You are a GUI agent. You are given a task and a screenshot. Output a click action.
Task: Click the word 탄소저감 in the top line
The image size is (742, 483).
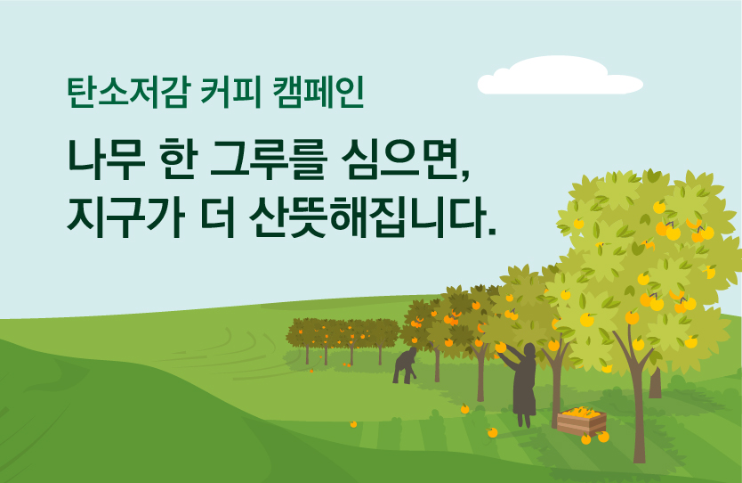point(129,92)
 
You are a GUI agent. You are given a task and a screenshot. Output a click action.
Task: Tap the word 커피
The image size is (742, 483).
point(231,92)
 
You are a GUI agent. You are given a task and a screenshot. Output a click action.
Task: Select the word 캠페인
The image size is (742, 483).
point(319,92)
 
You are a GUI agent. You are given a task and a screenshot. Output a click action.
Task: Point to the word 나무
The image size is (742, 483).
point(106,160)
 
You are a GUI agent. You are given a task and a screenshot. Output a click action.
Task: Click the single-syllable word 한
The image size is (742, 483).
point(179,160)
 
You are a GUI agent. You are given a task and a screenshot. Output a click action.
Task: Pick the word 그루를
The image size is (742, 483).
point(269,160)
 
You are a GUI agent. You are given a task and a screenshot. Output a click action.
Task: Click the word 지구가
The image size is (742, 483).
point(125,217)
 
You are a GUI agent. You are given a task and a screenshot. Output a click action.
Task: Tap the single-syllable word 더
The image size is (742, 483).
point(217,217)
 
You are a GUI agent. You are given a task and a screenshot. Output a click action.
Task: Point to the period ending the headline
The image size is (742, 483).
point(491,232)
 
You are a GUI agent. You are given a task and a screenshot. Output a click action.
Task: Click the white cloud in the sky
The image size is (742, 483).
point(560,76)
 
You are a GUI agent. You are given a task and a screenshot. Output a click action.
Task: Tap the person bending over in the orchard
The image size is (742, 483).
point(405,365)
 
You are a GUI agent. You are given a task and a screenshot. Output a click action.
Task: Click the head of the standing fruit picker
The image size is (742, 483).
point(529,350)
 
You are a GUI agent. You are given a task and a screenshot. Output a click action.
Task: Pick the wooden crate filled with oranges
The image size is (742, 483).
point(582,421)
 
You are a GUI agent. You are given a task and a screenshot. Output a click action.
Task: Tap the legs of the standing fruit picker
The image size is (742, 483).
point(524,420)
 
